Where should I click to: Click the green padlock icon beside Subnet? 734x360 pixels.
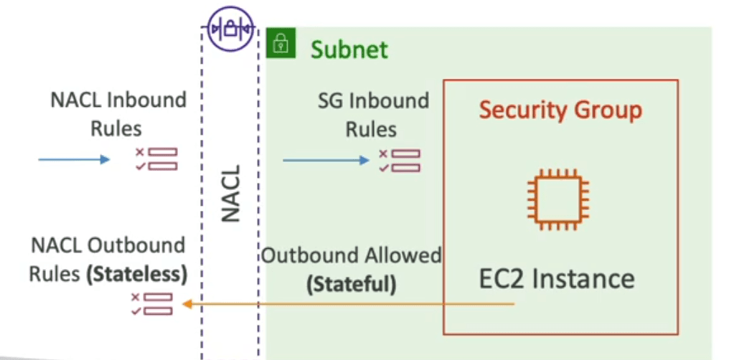coord(281,43)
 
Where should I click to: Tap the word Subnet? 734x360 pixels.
coord(349,49)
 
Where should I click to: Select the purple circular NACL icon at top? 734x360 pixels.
coord(230,29)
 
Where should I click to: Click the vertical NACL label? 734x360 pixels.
coord(230,193)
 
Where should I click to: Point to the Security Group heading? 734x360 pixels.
coord(560,110)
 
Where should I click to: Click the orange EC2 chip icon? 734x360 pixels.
coord(559,199)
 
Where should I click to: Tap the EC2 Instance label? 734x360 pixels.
coord(557,279)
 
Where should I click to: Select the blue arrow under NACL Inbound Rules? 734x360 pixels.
coord(74,160)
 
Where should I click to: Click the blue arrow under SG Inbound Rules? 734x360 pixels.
coord(326,160)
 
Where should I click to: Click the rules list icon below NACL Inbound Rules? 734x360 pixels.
coord(156,158)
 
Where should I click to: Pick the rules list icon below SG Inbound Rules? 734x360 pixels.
coord(400,161)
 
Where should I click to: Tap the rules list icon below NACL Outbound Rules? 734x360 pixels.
coord(152,304)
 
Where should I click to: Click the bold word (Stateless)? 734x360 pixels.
coord(137,275)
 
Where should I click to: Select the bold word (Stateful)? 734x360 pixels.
coord(351,284)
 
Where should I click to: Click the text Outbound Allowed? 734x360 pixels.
coord(351,255)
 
